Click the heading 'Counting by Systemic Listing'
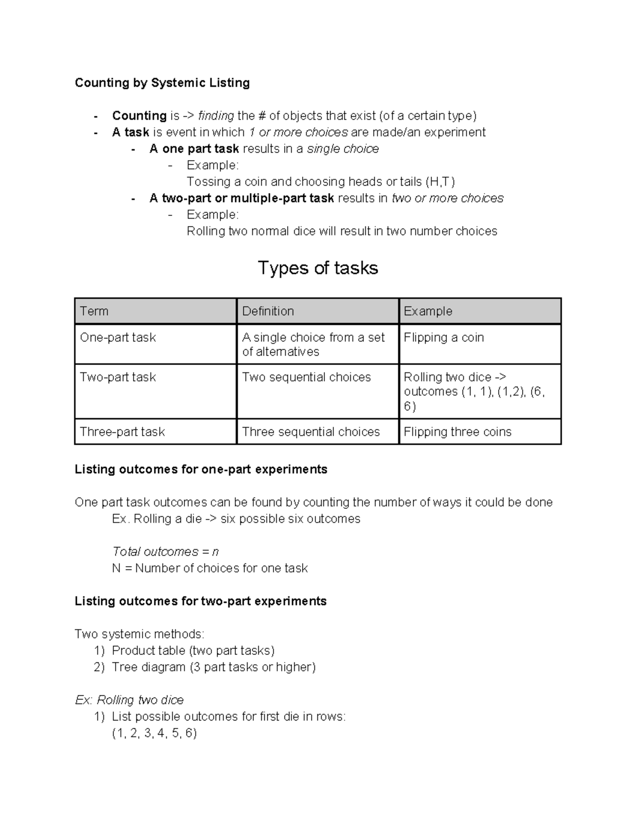point(162,83)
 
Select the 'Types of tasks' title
point(317,268)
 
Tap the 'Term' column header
point(94,311)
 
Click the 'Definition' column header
point(268,311)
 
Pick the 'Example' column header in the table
point(428,311)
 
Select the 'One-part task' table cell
point(118,337)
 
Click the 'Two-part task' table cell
point(118,377)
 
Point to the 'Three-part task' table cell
point(122,432)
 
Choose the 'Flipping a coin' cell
point(444,337)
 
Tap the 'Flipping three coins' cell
point(457,432)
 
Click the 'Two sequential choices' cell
point(306,377)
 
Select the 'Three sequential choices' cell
point(311,432)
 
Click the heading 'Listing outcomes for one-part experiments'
point(201,470)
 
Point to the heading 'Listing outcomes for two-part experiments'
point(200,601)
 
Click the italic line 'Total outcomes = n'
point(165,552)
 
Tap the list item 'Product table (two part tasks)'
point(193,650)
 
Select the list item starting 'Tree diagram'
point(214,667)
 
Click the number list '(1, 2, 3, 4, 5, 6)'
point(154,733)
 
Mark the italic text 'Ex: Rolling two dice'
point(129,700)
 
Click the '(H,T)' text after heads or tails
point(440,182)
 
